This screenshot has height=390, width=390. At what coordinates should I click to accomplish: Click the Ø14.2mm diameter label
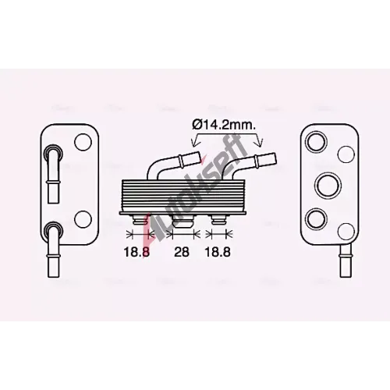coord(224,126)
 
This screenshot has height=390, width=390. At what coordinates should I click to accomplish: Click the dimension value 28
coord(182,252)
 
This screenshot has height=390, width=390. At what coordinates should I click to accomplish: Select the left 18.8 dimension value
coord(136,252)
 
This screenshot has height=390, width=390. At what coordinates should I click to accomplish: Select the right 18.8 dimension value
coord(218,252)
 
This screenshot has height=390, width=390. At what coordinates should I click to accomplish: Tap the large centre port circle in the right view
coord(328,185)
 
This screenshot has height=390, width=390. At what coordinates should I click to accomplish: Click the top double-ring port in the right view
coord(316,142)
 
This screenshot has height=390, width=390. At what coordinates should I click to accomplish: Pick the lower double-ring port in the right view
coord(316,219)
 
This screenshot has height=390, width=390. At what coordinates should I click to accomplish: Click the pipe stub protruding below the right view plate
coord(346,261)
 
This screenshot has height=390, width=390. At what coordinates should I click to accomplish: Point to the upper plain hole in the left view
coord(83,142)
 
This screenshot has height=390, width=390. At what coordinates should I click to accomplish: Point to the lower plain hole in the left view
coord(83,219)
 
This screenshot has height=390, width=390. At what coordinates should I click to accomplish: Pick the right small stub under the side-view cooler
coord(218,220)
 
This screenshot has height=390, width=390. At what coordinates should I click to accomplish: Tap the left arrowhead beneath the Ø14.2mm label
coord(193,143)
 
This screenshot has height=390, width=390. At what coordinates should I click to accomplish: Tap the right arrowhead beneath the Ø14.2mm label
coord(260,143)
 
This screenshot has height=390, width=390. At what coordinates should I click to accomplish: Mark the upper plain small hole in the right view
coord(346,154)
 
